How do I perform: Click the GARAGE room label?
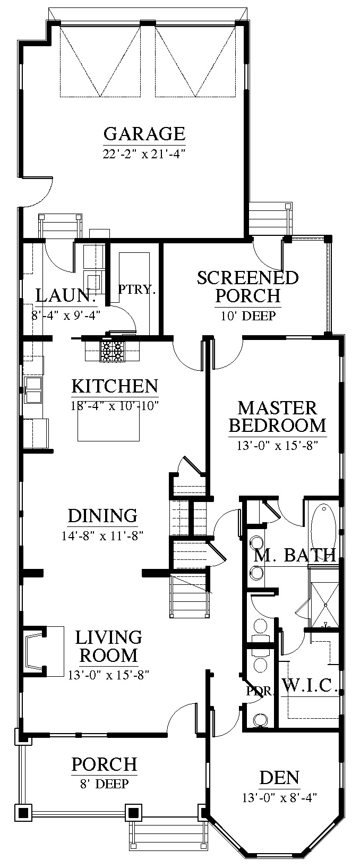point(144,134)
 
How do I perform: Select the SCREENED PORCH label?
point(248,287)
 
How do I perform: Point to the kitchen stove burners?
point(111,352)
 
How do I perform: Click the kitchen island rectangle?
point(108,424)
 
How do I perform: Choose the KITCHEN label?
point(115,386)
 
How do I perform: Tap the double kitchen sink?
point(33,390)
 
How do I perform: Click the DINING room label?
point(102,516)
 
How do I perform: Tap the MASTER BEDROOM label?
point(278,417)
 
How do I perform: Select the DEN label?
point(279,778)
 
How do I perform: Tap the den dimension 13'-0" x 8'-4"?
point(279,797)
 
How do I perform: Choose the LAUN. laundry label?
point(66,296)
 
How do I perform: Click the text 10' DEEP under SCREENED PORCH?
point(248,316)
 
